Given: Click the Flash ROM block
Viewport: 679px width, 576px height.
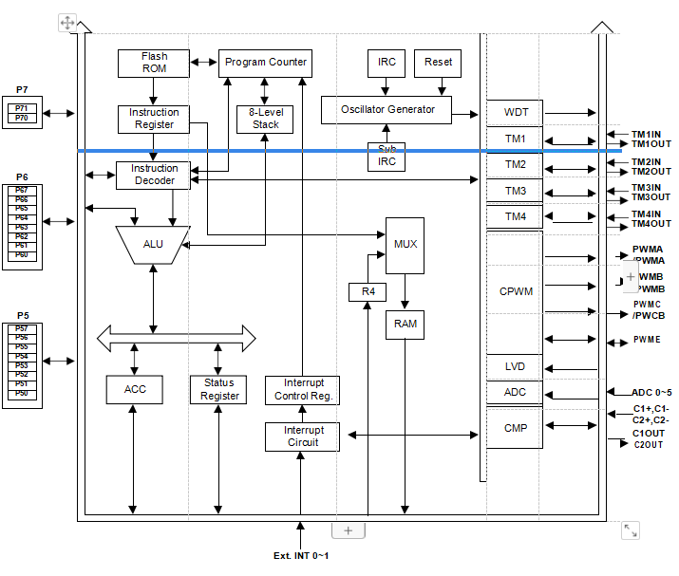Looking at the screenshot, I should pyautogui.click(x=154, y=63).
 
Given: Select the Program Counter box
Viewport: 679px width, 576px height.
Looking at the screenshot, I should pyautogui.click(x=265, y=63).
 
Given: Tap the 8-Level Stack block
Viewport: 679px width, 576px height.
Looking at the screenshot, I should pyautogui.click(x=265, y=119).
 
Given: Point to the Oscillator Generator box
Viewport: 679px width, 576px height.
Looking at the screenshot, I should pyautogui.click(x=387, y=109).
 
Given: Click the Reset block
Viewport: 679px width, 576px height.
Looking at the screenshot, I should pyautogui.click(x=438, y=63).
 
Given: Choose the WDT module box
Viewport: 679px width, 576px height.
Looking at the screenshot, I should pyautogui.click(x=516, y=112).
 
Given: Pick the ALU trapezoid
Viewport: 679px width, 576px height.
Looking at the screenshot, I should pyautogui.click(x=153, y=244).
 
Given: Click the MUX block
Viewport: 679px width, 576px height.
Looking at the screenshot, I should pyautogui.click(x=405, y=245).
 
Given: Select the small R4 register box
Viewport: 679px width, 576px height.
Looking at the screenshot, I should pyautogui.click(x=367, y=291).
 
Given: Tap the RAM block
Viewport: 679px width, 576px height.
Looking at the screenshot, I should pyautogui.click(x=405, y=324).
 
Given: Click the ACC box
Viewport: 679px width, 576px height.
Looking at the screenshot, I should pyautogui.click(x=134, y=388).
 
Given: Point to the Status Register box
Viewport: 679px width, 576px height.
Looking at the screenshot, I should pyautogui.click(x=218, y=389).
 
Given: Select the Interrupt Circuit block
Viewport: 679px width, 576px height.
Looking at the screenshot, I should pyautogui.click(x=302, y=437).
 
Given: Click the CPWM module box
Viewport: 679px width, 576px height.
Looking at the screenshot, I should pyautogui.click(x=516, y=291).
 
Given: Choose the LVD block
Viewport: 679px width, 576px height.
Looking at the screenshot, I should pyautogui.click(x=515, y=366).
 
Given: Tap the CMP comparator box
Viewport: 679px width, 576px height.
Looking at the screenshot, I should pyautogui.click(x=515, y=427).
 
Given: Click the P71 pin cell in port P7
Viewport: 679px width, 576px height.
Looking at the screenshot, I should pyautogui.click(x=22, y=108).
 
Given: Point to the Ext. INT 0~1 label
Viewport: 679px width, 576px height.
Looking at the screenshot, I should pyautogui.click(x=300, y=555).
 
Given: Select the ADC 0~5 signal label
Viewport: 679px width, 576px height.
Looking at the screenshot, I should pyautogui.click(x=651, y=392).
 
